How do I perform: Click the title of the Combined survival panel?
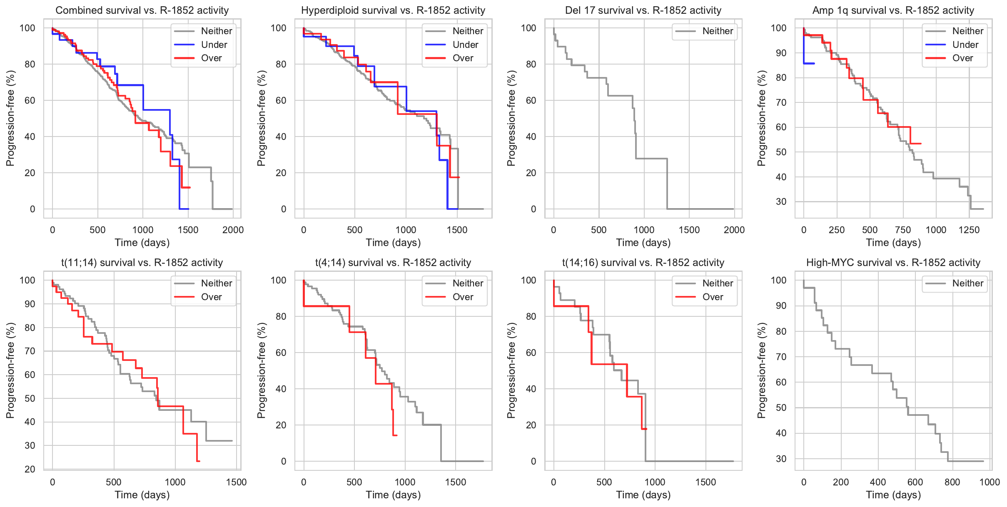tap(142, 10)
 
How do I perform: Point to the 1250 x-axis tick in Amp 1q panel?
tap(969, 230)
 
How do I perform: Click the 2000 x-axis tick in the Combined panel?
tap(233, 230)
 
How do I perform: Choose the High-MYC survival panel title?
tap(893, 263)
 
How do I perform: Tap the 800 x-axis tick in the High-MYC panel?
tap(952, 482)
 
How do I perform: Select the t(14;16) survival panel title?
tap(643, 263)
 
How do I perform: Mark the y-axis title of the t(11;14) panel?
tap(10, 370)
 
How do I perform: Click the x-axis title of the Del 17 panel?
tap(643, 243)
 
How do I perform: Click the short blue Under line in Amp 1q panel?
tap(809, 63)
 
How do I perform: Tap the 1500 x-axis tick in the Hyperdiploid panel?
tap(457, 230)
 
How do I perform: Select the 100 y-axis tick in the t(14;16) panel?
tap(528, 280)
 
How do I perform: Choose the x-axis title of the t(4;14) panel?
tap(393, 495)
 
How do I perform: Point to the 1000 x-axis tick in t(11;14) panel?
tap(175, 482)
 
